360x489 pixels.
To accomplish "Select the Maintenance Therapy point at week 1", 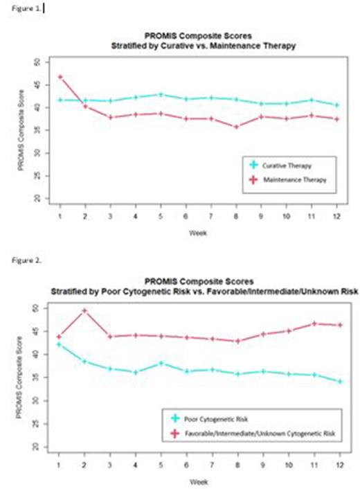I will click(60, 77).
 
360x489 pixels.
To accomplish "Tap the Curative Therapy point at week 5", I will click(161, 95).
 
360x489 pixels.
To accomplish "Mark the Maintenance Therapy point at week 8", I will click(236, 127).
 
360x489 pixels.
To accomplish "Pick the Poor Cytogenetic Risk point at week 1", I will click(60, 344).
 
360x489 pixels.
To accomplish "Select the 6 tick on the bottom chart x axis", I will click(186, 465).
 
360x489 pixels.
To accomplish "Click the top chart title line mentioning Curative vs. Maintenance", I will click(198, 45).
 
